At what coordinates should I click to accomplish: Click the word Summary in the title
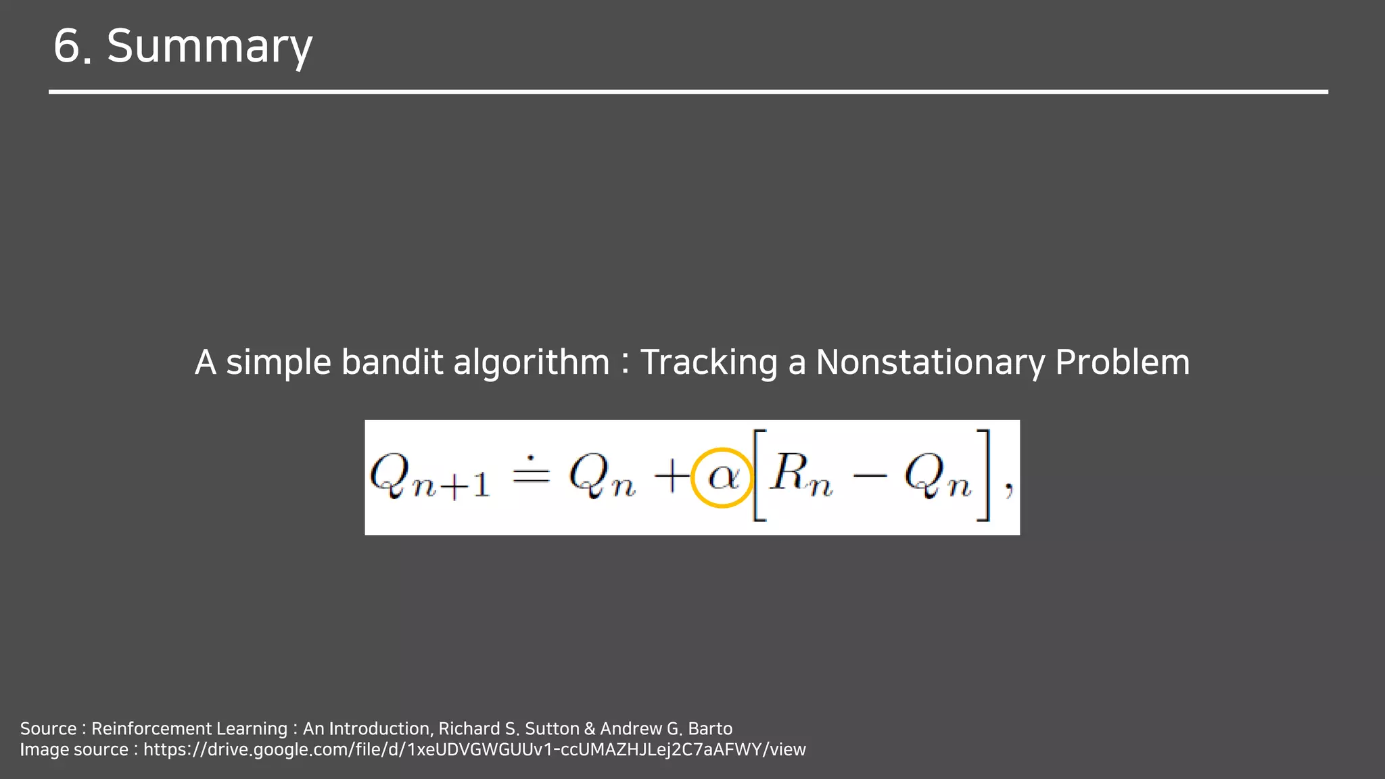(210, 46)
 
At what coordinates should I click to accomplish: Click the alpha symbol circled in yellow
(722, 477)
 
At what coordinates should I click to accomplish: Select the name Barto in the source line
(710, 729)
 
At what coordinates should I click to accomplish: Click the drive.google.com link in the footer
(474, 750)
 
